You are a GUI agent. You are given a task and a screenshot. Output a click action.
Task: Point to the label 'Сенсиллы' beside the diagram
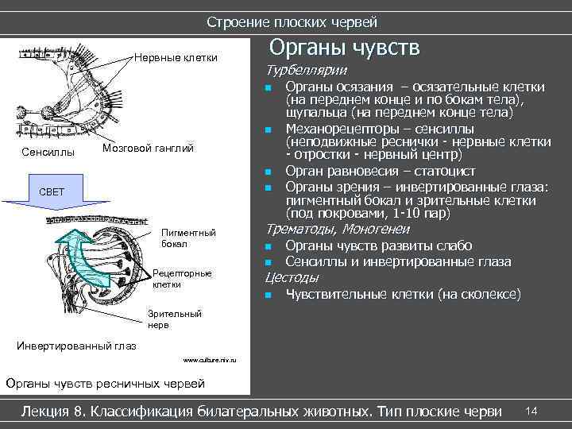tap(48, 151)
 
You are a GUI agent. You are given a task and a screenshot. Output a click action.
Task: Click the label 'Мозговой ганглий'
tap(149, 149)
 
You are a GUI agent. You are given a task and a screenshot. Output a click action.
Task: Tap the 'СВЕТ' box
tap(52, 192)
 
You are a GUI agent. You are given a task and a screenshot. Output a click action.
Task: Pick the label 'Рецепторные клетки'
tap(182, 278)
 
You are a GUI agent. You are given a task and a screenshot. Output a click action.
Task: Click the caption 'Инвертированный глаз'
tap(76, 346)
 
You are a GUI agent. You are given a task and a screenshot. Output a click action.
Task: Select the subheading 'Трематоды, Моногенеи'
tap(338, 229)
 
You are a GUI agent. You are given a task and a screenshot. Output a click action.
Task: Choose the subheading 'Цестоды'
tap(292, 277)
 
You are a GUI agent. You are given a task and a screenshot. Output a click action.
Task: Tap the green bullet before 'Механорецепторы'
tap(269, 129)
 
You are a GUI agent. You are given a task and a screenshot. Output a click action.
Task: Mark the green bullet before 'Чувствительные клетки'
tap(269, 296)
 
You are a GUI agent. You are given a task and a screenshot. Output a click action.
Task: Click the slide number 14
tap(531, 410)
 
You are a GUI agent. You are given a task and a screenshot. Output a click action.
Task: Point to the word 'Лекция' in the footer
tap(46, 412)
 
